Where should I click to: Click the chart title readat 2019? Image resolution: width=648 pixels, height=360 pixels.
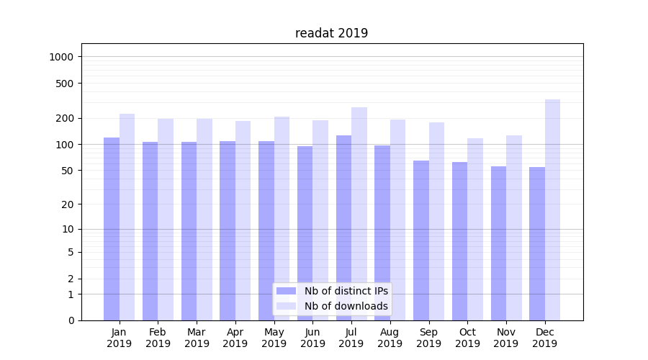[x=331, y=33]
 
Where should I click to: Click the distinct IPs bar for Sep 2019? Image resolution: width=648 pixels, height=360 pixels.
[x=421, y=240]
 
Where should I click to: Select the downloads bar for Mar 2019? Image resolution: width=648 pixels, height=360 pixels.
[x=204, y=220]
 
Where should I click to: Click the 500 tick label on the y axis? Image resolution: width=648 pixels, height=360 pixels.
[x=66, y=84]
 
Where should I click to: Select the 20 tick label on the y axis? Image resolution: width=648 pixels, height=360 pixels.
[x=68, y=204]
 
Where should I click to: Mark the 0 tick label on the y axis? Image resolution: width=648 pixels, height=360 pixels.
[x=71, y=320]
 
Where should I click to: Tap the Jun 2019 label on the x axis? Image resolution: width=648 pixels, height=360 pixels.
[x=312, y=338]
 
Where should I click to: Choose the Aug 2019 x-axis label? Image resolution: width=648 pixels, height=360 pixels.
[x=390, y=338]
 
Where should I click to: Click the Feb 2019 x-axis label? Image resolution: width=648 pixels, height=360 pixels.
[x=158, y=338]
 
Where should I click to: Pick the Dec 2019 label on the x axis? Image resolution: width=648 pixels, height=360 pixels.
[x=544, y=338]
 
